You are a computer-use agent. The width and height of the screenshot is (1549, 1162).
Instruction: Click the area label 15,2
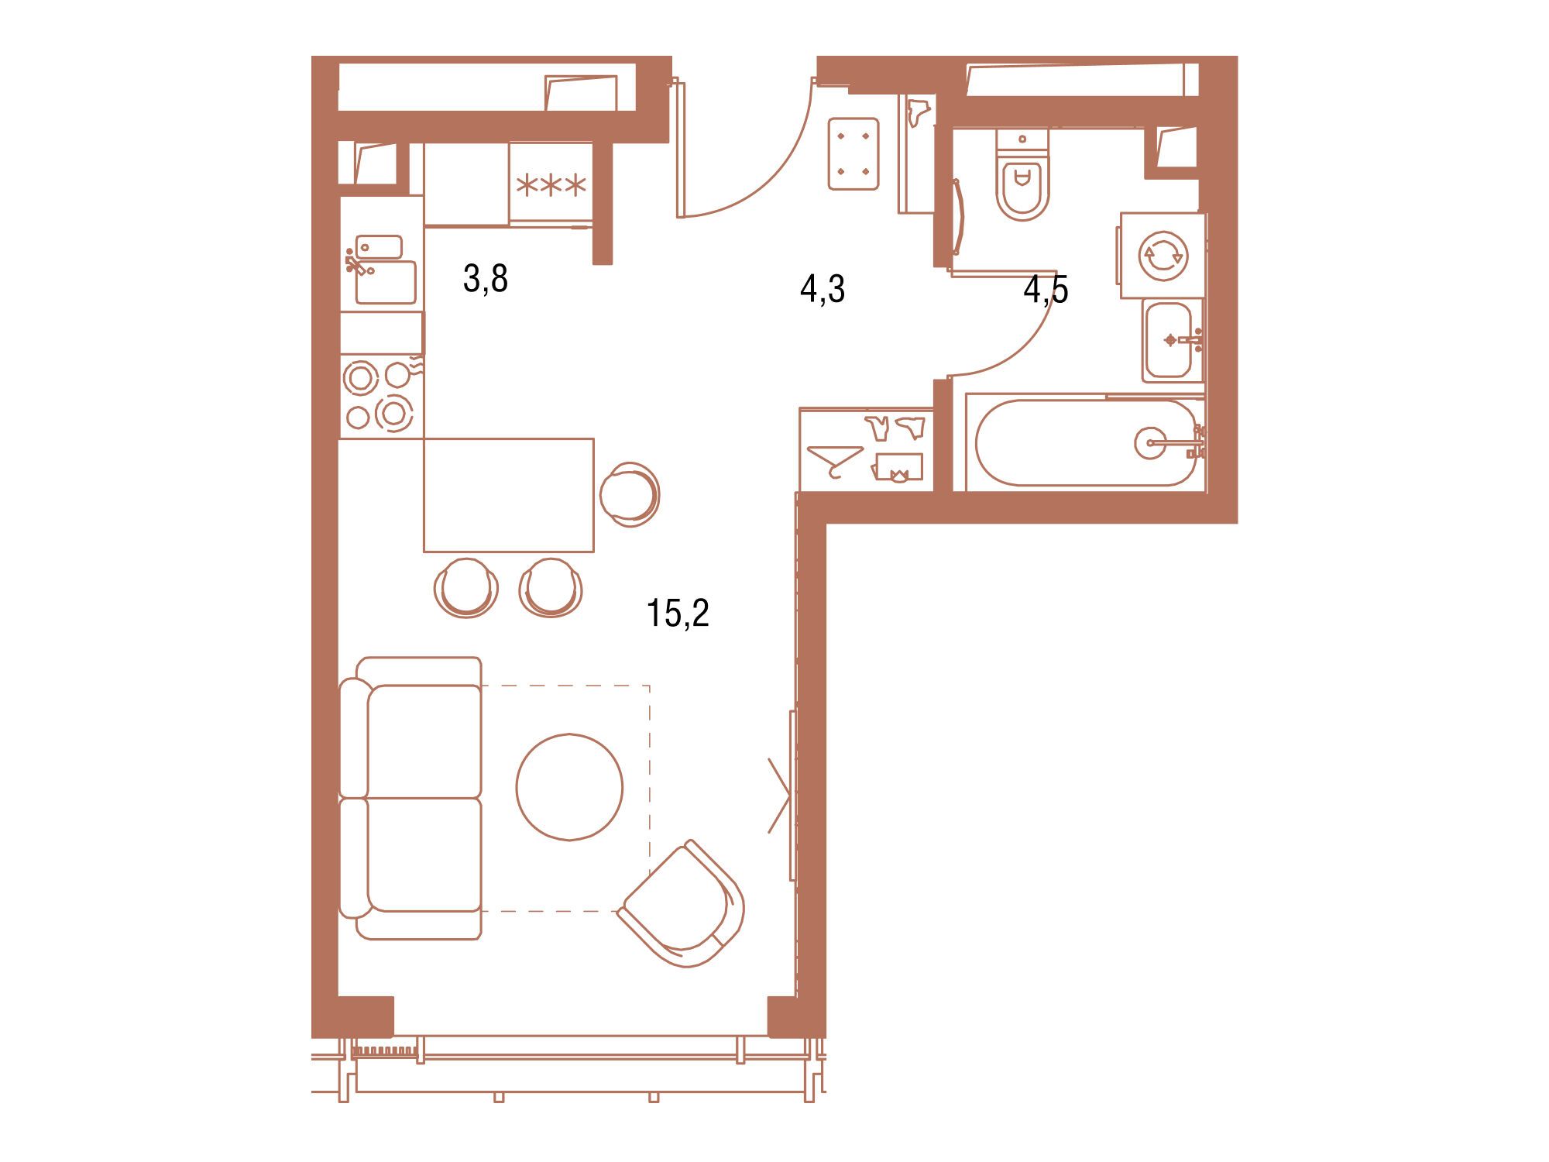pyautogui.click(x=678, y=613)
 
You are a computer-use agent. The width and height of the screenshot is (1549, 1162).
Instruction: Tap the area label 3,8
pyautogui.click(x=486, y=279)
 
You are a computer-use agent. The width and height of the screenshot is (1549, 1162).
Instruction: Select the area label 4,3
pyautogui.click(x=823, y=289)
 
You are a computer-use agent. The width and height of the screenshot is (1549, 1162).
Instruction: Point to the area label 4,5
pyautogui.click(x=1046, y=289)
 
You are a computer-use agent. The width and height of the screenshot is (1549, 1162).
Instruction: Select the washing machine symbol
pyautogui.click(x=1162, y=256)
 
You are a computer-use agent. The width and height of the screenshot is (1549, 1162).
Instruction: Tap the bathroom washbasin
pyautogui.click(x=1172, y=341)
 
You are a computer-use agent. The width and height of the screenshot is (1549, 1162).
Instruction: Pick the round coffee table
pyautogui.click(x=569, y=787)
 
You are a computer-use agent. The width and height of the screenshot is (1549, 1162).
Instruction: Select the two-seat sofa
pyautogui.click(x=410, y=798)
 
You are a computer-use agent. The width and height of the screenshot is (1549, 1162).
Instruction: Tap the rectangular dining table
pyautogui.click(x=509, y=495)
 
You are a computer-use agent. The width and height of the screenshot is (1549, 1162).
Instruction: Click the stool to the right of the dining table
pyautogui.click(x=630, y=494)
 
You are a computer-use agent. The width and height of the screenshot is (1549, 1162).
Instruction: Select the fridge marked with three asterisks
pyautogui.click(x=551, y=184)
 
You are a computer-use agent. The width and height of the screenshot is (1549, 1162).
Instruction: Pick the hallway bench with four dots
pyautogui.click(x=853, y=153)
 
